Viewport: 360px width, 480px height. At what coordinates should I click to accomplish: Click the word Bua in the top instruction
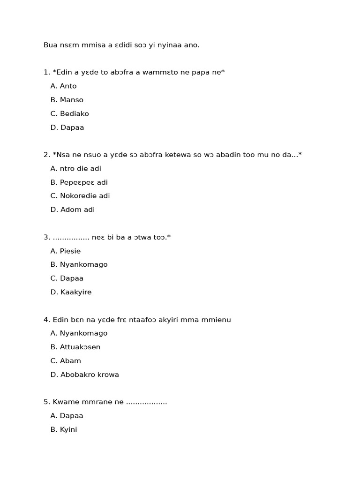[x=50, y=45]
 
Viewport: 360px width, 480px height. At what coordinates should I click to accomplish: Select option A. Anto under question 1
[x=63, y=86]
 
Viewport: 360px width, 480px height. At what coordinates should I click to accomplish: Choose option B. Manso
[x=67, y=100]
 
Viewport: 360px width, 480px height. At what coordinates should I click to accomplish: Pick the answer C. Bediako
[x=69, y=113]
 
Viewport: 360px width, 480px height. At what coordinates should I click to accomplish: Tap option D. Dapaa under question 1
[x=67, y=127]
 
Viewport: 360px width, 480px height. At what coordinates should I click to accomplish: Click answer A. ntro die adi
[x=75, y=169]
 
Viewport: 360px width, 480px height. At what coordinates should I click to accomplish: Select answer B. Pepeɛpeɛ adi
[x=79, y=182]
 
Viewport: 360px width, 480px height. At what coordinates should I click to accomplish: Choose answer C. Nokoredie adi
[x=80, y=196]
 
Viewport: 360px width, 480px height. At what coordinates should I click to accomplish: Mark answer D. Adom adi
[x=72, y=210]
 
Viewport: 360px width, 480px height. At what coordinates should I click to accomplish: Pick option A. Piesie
[x=66, y=251]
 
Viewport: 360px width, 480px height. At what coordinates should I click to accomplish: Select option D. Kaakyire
[x=71, y=292]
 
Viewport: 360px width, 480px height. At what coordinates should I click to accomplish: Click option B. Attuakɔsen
[x=75, y=347]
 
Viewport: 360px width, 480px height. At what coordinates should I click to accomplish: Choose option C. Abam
[x=66, y=361]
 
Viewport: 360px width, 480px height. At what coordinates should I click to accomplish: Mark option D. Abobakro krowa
[x=84, y=375]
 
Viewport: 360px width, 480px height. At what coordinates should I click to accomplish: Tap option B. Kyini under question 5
[x=63, y=430]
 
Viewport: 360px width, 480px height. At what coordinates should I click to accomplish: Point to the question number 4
[x=46, y=320]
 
